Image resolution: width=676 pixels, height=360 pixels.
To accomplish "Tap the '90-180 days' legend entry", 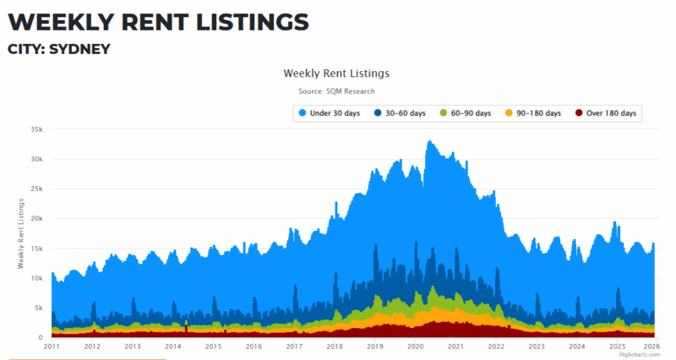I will coord(537,113).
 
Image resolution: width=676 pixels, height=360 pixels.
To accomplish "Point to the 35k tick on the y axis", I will coord(35,129).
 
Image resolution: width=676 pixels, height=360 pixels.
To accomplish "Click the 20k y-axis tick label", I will coord(35,219).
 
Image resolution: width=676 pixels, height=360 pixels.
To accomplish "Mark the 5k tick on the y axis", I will coord(38,308).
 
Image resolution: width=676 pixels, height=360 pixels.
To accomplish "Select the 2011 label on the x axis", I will coord(52,346).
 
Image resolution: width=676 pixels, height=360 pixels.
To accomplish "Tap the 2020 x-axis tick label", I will coord(416,346).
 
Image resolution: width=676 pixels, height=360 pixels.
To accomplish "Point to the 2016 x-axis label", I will coord(253,346).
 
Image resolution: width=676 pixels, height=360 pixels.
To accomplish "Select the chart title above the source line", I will coord(336,74).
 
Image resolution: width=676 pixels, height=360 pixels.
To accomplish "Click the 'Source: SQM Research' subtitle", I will coord(336,91).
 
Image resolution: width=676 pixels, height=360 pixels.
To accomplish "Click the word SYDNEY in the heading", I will coord(79,49).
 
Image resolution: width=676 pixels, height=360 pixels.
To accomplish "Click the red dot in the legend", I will coord(579,113).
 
